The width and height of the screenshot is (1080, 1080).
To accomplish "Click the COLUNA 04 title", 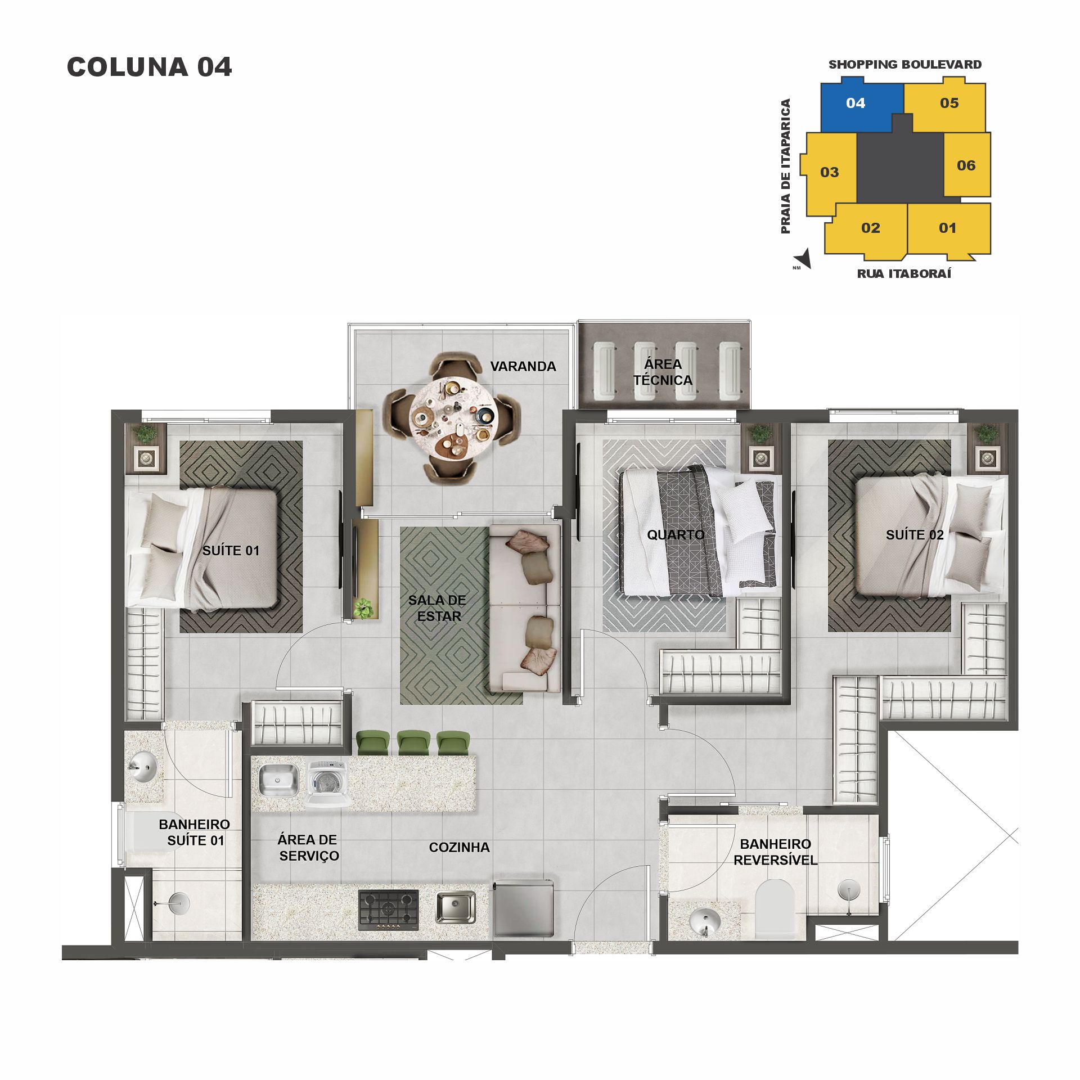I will pos(149,67).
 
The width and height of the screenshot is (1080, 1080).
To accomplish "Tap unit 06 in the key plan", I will pos(966,165).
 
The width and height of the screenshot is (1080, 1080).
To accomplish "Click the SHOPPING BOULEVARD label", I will pos(904,65).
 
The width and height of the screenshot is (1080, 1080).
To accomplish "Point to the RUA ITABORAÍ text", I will pos(904,274).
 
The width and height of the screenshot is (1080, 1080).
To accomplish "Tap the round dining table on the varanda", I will pos(453,415).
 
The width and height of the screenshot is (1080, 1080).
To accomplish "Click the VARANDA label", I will pos(523,366).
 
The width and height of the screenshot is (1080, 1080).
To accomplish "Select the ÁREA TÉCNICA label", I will pos(663,372).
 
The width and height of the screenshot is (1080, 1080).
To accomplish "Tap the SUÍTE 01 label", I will pos(231,551).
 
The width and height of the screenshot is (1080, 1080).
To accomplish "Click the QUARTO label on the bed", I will pos(676,535).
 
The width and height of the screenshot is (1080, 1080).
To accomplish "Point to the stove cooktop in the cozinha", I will pos(389,910).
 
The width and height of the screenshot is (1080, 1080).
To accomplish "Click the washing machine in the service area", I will pos(327,783).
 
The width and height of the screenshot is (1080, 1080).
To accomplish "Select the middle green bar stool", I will pos(413,742).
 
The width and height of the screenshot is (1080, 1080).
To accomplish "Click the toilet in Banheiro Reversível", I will pos(774,907).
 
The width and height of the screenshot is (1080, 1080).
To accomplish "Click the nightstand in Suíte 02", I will pos(987,457).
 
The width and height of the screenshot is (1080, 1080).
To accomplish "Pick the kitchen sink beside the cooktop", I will pos(455,907).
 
